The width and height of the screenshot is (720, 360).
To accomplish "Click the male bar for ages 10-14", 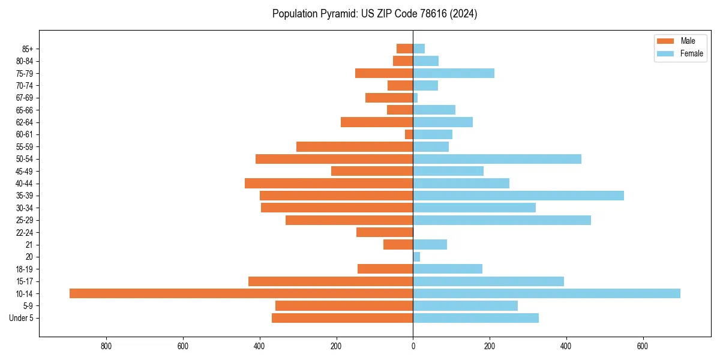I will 241,293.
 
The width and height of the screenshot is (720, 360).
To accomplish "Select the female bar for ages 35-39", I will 518,196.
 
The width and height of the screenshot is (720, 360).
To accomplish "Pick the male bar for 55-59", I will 355,146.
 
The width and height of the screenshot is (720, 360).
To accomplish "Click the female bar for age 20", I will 416,257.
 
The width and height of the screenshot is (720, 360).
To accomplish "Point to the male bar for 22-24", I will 385,232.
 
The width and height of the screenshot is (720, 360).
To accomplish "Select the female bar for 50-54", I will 497,159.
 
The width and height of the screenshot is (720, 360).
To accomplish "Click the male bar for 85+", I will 404,49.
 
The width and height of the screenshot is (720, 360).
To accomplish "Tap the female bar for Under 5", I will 476,318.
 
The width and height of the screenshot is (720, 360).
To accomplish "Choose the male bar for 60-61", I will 409,134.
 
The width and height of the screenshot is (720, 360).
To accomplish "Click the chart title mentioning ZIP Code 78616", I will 374,14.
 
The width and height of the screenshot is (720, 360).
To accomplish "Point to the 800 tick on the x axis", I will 107,346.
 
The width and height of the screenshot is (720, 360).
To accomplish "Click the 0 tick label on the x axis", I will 413,346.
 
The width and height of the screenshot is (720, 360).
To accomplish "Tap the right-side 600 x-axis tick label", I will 643,346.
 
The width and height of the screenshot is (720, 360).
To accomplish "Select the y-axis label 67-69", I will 25,98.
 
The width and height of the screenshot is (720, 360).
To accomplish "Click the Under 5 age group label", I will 21,318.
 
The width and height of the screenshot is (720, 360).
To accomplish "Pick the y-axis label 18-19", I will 25,269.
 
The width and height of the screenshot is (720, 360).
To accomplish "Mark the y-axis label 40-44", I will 25,184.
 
